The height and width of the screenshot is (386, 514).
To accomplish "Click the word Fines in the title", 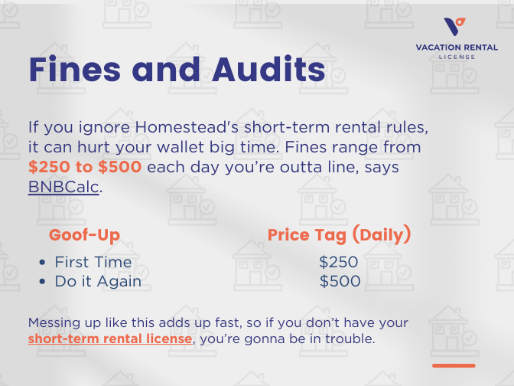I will (73, 70).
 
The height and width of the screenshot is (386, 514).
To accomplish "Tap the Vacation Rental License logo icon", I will (455, 26).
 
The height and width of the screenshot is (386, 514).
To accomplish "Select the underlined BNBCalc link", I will (63, 187).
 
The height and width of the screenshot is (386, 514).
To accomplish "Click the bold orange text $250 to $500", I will (85, 167).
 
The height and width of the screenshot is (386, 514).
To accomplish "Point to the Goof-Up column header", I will (84, 234).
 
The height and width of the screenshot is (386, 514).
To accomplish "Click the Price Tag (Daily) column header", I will (339, 234).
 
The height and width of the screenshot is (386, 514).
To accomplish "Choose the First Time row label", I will (93, 262).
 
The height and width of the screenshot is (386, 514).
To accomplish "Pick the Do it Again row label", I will (98, 281).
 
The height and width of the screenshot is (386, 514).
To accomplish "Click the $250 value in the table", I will (339, 262).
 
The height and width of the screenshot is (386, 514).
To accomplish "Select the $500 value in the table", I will (340, 281).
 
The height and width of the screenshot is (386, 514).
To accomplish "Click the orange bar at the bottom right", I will (454, 365).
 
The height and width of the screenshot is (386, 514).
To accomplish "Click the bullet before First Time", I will (43, 263).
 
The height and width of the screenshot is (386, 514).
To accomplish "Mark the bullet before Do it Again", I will (43, 282).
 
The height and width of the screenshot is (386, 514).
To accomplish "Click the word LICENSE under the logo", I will (456, 57).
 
